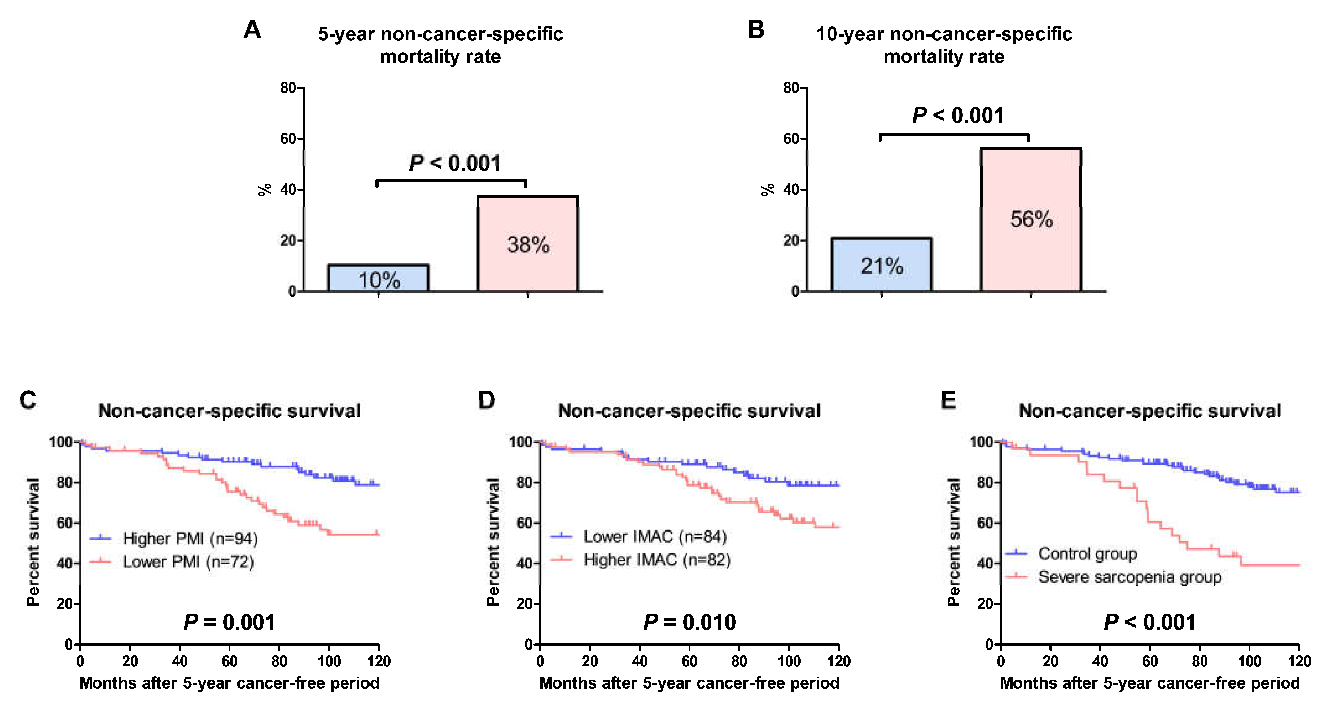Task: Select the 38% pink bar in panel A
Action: click(x=527, y=244)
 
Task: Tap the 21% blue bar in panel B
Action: click(x=881, y=265)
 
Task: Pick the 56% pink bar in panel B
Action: click(x=1031, y=220)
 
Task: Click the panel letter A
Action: click(x=252, y=30)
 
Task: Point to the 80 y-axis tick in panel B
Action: click(x=791, y=88)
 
